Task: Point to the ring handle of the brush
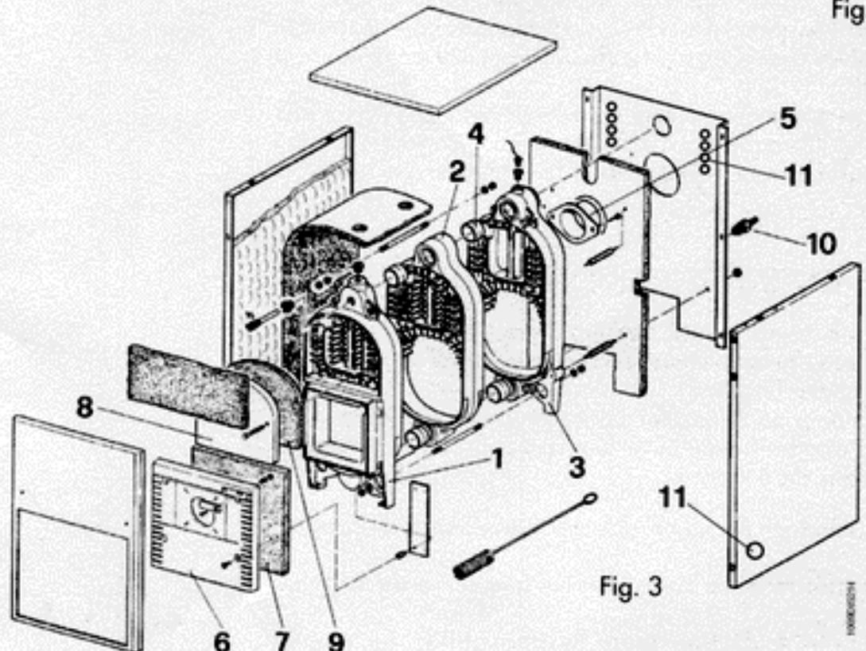point(588,499)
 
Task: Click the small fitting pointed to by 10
point(745,227)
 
